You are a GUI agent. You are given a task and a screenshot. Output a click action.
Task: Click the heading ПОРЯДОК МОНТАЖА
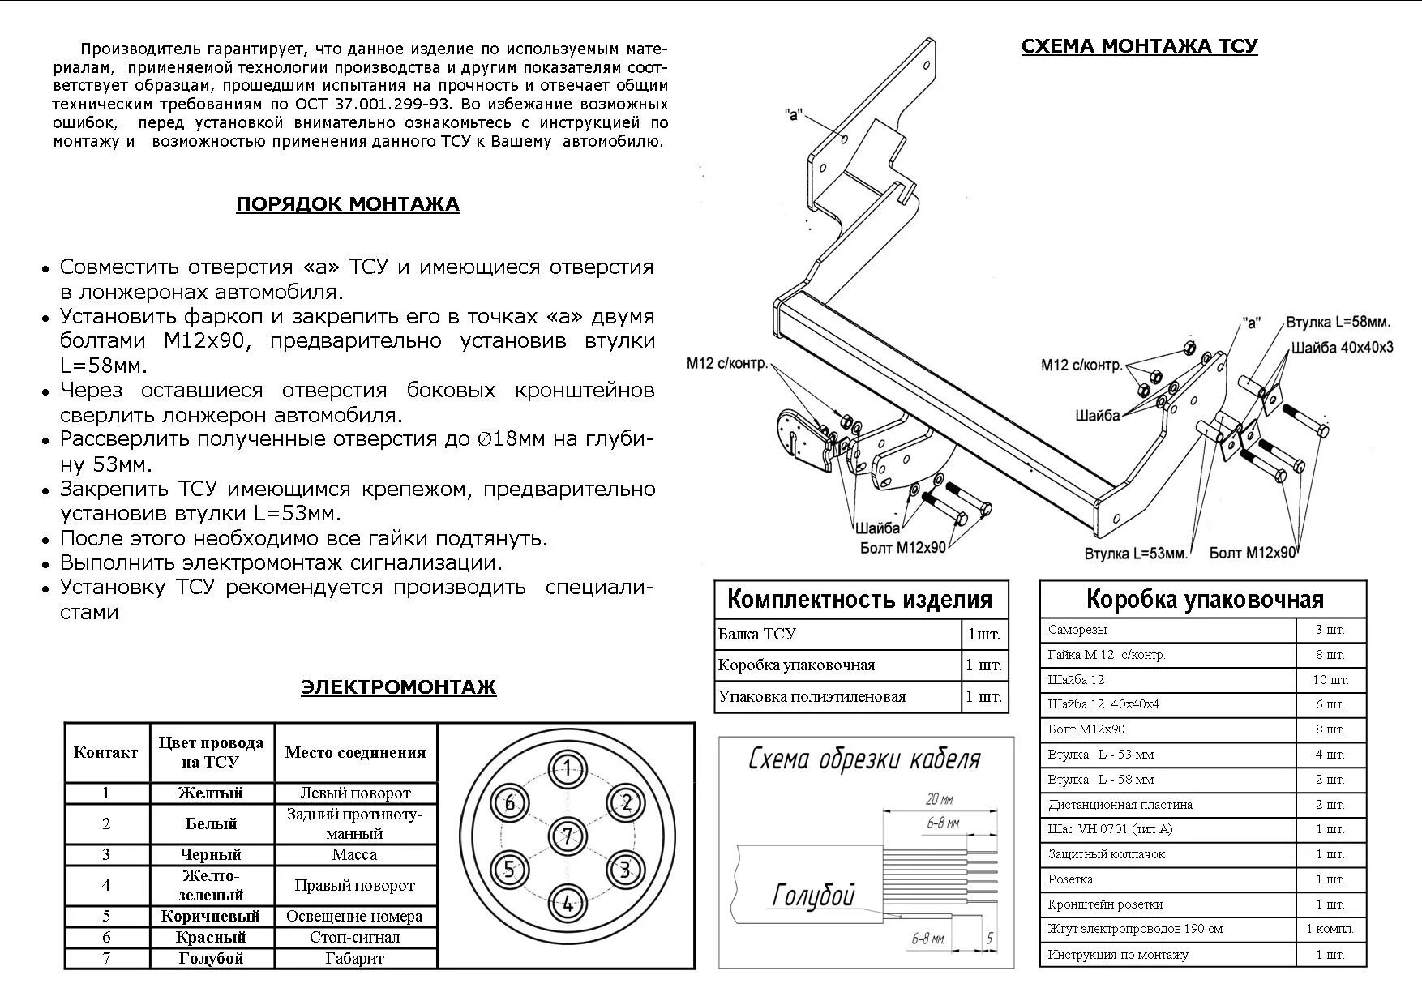[x=347, y=203]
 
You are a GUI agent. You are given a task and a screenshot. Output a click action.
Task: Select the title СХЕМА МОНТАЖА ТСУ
[x=1139, y=46]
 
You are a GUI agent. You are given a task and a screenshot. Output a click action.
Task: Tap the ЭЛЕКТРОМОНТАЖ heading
[x=398, y=687]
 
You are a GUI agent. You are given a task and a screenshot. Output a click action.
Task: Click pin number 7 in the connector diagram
[x=568, y=836]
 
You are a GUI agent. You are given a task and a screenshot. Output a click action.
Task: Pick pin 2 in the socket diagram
[x=626, y=803]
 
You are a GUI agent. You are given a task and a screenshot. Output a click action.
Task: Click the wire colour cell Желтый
[x=211, y=793]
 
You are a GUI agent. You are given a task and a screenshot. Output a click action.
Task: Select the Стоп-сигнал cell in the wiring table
[x=354, y=937]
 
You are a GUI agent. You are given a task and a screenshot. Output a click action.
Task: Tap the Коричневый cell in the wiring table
[x=211, y=916]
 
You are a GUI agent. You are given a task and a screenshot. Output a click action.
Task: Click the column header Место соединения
[x=355, y=752]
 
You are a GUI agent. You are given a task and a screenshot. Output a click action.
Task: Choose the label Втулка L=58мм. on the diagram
[x=1338, y=322]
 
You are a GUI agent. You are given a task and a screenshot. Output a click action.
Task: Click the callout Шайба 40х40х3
[x=1343, y=348]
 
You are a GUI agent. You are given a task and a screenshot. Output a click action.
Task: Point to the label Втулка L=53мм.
[x=1135, y=554]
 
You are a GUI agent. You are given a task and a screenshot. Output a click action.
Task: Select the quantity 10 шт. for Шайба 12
[x=1330, y=679]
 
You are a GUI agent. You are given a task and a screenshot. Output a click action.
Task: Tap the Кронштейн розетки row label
[x=1105, y=904]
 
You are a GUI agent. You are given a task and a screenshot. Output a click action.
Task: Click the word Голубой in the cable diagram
[x=813, y=895]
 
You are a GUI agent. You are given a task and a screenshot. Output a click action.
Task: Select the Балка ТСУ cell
[x=756, y=634]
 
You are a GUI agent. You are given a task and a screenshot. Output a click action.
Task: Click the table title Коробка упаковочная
[x=1204, y=600]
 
